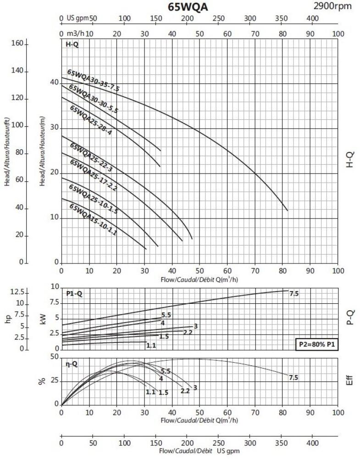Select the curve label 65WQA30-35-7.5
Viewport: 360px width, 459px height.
click(93, 81)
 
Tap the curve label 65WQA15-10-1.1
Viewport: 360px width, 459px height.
click(93, 220)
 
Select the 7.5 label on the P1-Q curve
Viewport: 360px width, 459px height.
click(294, 293)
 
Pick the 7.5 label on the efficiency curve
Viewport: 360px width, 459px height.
click(294, 377)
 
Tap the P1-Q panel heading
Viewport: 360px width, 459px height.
click(74, 294)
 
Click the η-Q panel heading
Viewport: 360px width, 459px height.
click(72, 364)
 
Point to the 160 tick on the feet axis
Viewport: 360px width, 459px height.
click(17, 44)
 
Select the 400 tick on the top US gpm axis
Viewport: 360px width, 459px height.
click(312, 18)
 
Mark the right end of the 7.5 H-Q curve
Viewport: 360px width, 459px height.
click(288, 211)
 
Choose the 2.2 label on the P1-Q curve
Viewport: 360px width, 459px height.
click(188, 332)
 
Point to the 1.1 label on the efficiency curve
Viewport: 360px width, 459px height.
click(150, 392)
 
